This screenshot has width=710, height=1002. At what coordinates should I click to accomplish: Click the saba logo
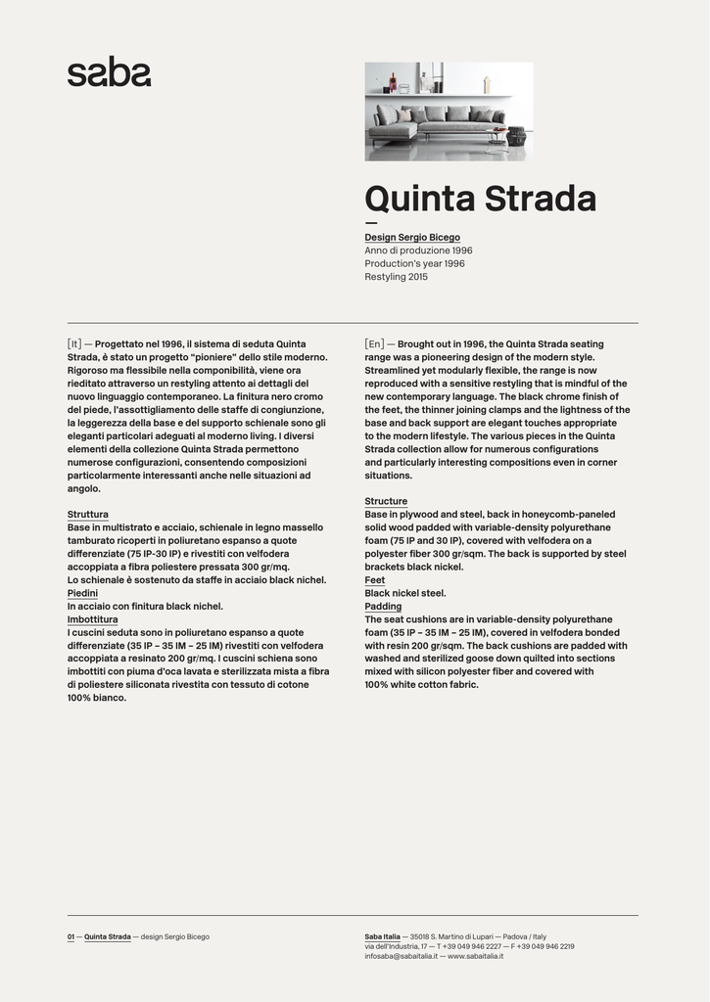point(109,72)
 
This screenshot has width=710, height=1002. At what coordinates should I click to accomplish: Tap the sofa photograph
point(449,112)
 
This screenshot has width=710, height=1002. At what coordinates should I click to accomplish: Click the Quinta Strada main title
point(480,199)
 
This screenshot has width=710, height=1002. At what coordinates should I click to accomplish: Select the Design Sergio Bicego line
point(412,238)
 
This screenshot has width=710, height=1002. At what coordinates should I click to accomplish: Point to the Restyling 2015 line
point(396,277)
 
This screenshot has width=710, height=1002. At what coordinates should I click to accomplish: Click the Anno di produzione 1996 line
point(418,250)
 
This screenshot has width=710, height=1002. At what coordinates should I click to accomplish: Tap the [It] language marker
point(74,344)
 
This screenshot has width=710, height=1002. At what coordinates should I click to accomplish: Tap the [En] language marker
point(374,344)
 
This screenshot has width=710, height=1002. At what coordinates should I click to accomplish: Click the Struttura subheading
point(88,515)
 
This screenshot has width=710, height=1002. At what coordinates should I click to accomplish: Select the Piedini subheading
point(82,593)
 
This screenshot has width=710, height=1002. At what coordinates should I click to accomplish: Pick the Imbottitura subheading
point(92,619)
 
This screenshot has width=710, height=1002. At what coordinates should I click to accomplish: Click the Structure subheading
point(386,502)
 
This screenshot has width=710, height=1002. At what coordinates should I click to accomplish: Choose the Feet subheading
point(375,580)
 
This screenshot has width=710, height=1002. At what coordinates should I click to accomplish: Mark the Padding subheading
point(383,607)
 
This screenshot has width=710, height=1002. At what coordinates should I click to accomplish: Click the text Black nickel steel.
point(405,593)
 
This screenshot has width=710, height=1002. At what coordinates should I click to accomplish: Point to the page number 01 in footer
point(71,936)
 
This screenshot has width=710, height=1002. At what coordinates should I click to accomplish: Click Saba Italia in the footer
point(382,936)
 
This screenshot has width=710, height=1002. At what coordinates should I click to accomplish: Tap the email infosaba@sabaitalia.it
point(400,956)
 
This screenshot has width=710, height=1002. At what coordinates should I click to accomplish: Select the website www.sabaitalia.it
point(476,956)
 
